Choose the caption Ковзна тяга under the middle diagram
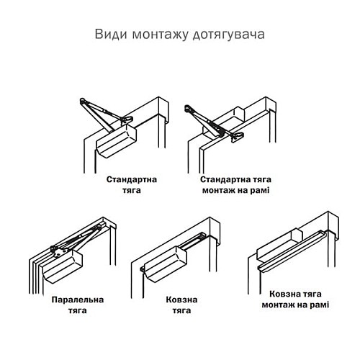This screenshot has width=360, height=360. [181, 305]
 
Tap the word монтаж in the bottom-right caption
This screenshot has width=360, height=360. [279, 305]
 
